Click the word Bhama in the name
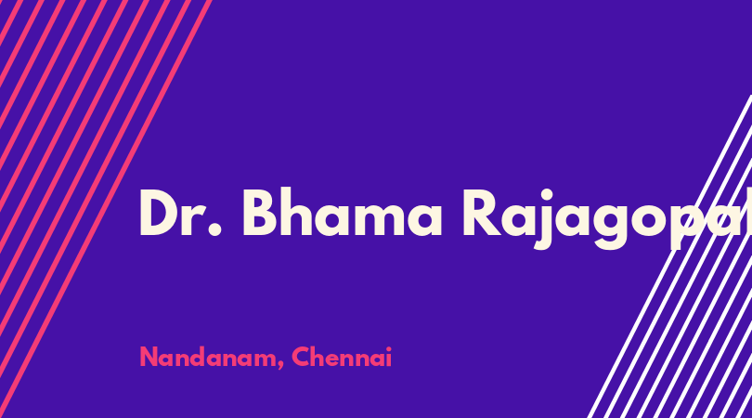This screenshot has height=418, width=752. pos(342,212)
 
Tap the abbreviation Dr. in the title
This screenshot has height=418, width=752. pos(180,213)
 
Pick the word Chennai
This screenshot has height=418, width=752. pos(342,357)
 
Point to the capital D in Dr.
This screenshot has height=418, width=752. pos(160,213)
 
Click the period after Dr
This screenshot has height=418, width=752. pos(215,229)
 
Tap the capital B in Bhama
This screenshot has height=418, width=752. pos(262,213)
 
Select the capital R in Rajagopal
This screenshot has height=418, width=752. pos(482,213)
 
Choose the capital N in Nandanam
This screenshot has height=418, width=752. pos(149,357)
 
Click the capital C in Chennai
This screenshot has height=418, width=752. pos(301,357)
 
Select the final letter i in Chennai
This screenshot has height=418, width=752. pos(389,357)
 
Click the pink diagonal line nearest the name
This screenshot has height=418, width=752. pos(106,209)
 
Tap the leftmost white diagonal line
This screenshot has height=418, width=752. pos(670,256)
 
